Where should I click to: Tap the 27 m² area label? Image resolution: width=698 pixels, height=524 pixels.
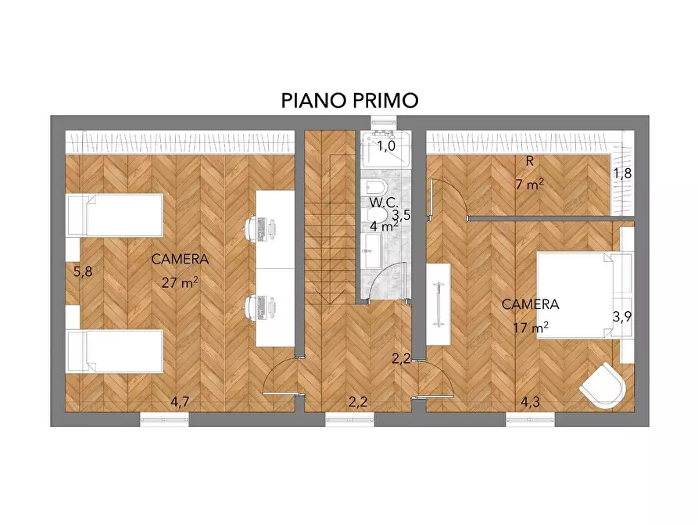[180, 282]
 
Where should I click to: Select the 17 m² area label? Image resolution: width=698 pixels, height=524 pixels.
[530, 327]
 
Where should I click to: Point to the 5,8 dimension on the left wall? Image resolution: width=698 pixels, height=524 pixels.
[82, 272]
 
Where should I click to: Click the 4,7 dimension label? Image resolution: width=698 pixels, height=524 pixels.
[180, 402]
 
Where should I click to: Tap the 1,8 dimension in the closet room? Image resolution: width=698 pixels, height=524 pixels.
[621, 174]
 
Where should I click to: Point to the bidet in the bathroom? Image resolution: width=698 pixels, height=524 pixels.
[374, 188]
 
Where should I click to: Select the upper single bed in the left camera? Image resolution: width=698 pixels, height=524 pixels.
[113, 214]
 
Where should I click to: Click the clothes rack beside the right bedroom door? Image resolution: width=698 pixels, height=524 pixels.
[438, 302]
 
